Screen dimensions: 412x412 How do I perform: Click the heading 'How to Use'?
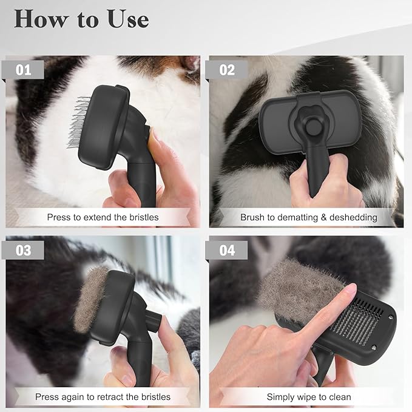(81, 19)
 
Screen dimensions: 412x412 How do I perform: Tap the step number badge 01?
(24, 70)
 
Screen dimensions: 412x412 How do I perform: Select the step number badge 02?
(226, 70)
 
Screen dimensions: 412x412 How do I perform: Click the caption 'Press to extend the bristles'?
(103, 217)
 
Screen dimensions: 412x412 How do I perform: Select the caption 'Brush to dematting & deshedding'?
(308, 217)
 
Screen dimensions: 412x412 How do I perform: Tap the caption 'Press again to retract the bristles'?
(103, 397)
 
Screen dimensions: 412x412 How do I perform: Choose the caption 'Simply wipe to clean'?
(308, 397)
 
